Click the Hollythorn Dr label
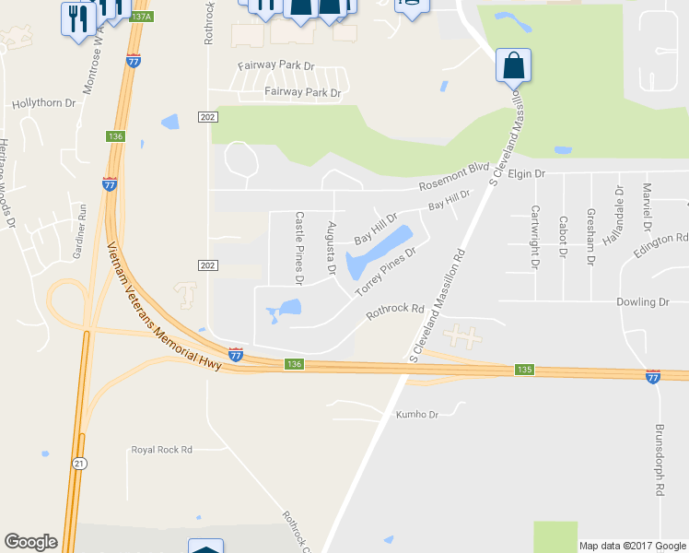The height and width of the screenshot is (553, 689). click(x=43, y=104)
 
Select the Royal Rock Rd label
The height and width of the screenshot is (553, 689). click(x=161, y=450)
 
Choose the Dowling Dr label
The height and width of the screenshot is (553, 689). click(x=644, y=301)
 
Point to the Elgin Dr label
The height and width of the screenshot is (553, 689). click(x=527, y=172)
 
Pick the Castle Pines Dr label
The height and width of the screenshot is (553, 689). click(x=299, y=247)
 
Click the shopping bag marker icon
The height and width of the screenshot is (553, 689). click(x=513, y=66)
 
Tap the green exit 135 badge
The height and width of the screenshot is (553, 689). click(x=523, y=370)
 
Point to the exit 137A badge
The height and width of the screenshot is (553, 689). click(x=141, y=17)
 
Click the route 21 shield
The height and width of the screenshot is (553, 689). click(x=80, y=463)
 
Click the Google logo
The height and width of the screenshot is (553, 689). click(x=30, y=542)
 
